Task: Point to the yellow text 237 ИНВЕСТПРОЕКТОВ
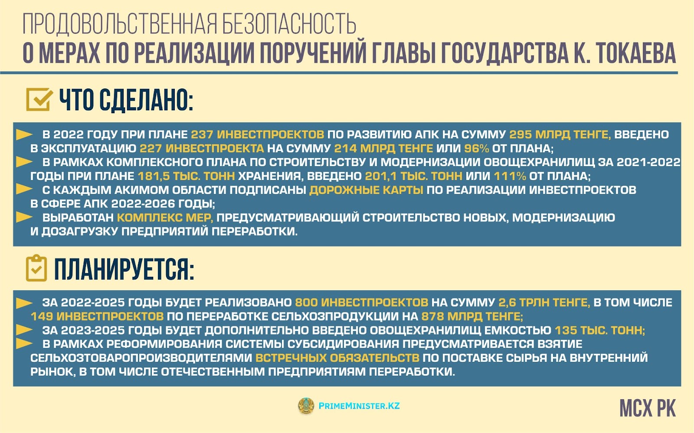[258, 134]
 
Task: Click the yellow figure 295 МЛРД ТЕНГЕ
[560, 135]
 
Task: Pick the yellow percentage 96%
[477, 148]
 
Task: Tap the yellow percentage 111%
[510, 176]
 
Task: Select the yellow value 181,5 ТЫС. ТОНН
[186, 176]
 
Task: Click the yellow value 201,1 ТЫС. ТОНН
[414, 176]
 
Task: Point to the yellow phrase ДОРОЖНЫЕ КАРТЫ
[366, 190]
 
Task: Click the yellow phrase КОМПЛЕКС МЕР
[165, 218]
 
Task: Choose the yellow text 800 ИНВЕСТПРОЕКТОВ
[362, 302]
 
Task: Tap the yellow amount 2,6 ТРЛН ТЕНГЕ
[544, 302]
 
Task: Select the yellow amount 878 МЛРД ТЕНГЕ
[472, 316]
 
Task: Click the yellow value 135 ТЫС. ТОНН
[600, 331]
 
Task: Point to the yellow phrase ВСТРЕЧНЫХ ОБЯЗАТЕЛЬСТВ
[337, 358]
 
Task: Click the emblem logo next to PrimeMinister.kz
[306, 406]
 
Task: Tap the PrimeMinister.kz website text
[359, 406]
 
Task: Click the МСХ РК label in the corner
[648, 408]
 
